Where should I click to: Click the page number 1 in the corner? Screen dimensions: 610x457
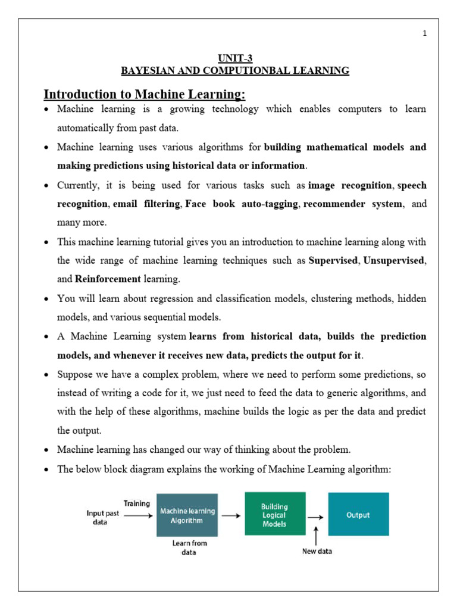tap(425, 33)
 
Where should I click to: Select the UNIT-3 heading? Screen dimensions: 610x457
tap(235, 58)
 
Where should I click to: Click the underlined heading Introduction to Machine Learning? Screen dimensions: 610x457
tap(145, 95)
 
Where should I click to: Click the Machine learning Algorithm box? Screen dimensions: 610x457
tap(187, 515)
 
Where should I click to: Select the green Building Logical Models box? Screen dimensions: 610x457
tap(274, 513)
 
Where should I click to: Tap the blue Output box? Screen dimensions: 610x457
tap(358, 514)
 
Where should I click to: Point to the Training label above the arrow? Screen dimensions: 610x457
tap(137, 503)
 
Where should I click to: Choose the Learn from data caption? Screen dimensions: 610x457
tap(189, 547)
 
